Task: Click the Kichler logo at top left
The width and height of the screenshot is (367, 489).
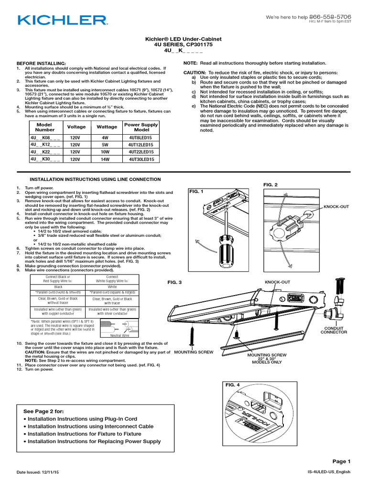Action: coord(62,20)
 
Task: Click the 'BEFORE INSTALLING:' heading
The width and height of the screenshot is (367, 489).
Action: coord(41,64)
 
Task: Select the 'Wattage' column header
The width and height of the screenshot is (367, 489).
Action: coord(107,127)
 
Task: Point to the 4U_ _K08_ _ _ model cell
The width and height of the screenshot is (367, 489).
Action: coord(45,137)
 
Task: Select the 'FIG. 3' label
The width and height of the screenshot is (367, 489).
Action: coord(174,283)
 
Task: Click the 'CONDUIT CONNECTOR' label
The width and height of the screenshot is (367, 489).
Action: coord(336,330)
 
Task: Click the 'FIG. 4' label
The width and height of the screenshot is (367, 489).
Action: coord(232,384)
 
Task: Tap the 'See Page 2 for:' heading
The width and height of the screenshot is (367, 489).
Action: coord(43,411)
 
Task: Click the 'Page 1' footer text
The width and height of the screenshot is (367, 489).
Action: coord(341,461)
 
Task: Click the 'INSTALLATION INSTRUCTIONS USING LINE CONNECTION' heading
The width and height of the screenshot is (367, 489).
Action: coord(89,179)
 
